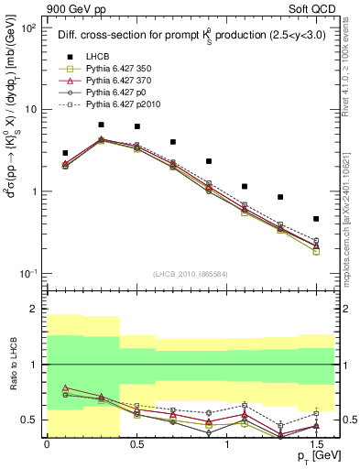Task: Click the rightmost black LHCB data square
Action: pyautogui.click(x=316, y=219)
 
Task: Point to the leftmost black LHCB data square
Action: pyautogui.click(x=65, y=153)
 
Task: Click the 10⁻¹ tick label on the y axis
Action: pyautogui.click(x=27, y=274)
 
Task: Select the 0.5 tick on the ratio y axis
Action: pyautogui.click(x=31, y=420)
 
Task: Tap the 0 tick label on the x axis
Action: pyautogui.click(x=47, y=443)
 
